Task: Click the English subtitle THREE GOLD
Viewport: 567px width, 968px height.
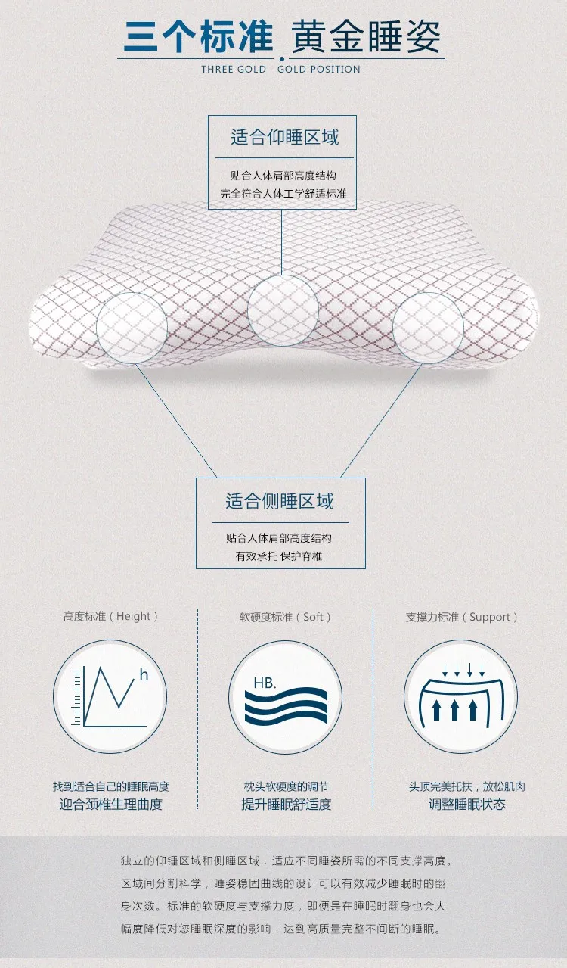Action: pos(234,69)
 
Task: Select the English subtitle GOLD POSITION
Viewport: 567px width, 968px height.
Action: pos(319,69)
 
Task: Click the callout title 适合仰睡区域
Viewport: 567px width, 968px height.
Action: pos(284,138)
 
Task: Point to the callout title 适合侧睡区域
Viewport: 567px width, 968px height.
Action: pos(279,501)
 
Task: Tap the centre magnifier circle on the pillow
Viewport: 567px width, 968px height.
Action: pos(283,310)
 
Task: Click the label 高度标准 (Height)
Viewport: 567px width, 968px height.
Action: pos(111,616)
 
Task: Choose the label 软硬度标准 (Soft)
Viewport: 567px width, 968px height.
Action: pos(286,616)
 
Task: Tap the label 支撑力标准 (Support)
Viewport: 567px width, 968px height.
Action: pos(462,616)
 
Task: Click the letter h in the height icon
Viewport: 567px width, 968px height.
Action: pos(144,674)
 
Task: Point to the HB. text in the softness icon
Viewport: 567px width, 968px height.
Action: pos(265,683)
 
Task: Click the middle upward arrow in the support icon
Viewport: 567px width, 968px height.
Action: pos(455,709)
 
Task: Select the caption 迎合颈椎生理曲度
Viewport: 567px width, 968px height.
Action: pos(111,804)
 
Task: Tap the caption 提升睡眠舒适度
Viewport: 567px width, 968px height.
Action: pos(286,804)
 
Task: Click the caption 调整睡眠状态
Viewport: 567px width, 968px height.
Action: pos(467,804)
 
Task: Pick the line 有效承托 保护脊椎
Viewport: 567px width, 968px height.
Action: pos(279,556)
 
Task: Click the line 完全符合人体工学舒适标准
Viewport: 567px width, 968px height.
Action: pos(283,193)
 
